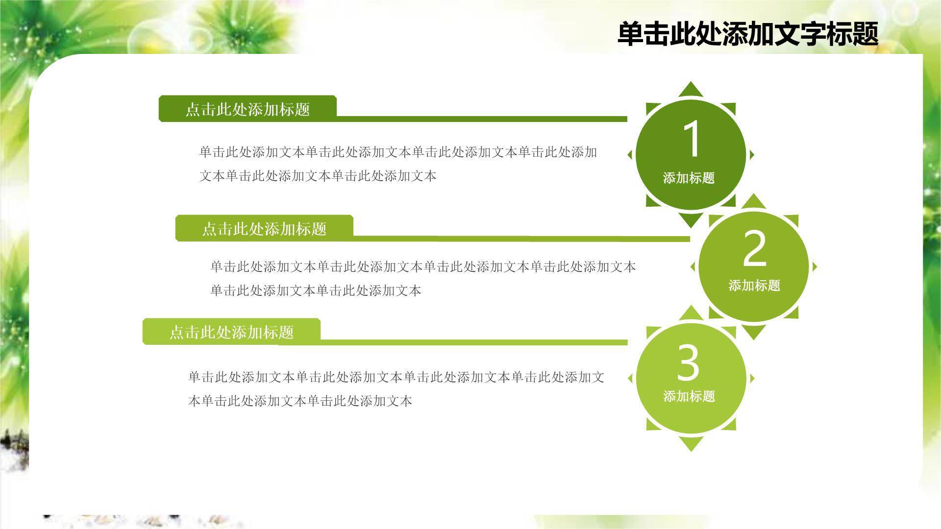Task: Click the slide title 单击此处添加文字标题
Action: [x=747, y=34]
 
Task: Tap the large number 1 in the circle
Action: [x=691, y=139]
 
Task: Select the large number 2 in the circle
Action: [x=754, y=249]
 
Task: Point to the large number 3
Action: [x=688, y=363]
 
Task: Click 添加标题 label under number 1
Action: [x=689, y=178]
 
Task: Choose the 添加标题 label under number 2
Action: [x=754, y=286]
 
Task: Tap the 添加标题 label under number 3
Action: [x=689, y=396]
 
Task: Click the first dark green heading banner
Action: [x=248, y=109]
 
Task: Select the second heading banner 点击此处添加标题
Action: [x=264, y=228]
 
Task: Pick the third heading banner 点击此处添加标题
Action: [x=231, y=332]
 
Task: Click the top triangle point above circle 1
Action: [x=691, y=90]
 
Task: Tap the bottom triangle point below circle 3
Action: [x=691, y=444]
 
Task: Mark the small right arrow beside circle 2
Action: [x=815, y=267]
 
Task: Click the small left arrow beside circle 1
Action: [x=630, y=155]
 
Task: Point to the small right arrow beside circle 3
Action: [x=752, y=378]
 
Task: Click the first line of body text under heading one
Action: [x=398, y=152]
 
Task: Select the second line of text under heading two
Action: [x=316, y=290]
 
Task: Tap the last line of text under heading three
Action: [x=300, y=401]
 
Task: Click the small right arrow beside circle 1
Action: [x=752, y=155]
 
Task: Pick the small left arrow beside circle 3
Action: [x=630, y=378]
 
